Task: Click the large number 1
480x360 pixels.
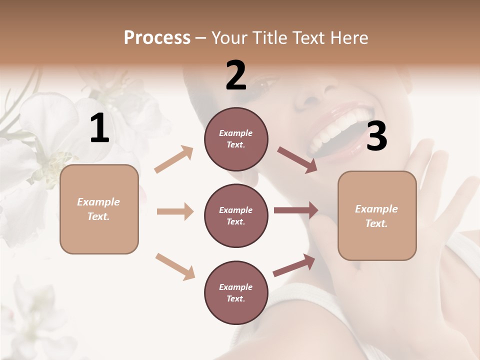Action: (99, 128)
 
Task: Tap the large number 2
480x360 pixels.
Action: (236, 75)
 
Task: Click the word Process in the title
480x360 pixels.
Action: (157, 37)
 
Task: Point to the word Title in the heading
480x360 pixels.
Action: (270, 37)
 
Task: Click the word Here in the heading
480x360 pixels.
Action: (348, 37)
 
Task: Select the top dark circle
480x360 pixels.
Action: (236, 139)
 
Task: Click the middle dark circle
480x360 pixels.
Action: (236, 215)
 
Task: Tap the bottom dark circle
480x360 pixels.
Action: (236, 292)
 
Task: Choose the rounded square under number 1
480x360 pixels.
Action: (99, 209)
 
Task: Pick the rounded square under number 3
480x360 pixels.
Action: (377, 215)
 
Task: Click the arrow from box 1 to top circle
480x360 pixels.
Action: (174, 159)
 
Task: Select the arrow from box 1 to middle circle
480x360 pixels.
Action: (175, 211)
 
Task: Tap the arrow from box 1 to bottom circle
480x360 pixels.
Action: (175, 266)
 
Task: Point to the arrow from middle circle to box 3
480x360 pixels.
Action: (296, 210)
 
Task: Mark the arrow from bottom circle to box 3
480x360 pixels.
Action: (294, 265)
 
